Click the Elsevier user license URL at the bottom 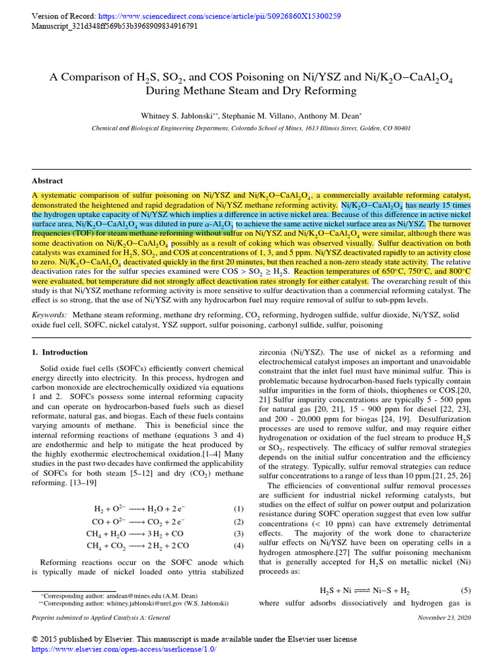(x=124, y=649)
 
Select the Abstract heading (x=48, y=181)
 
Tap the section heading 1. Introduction (x=60, y=353)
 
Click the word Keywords (x=50, y=315)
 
